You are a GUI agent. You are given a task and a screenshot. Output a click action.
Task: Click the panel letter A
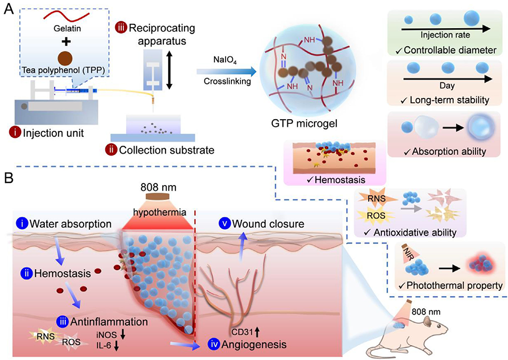[10, 10]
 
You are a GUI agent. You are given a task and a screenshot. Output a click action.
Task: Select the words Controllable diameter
[450, 51]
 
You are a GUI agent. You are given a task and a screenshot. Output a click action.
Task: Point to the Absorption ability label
[449, 152]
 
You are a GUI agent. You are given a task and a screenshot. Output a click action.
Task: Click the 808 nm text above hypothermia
[157, 188]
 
